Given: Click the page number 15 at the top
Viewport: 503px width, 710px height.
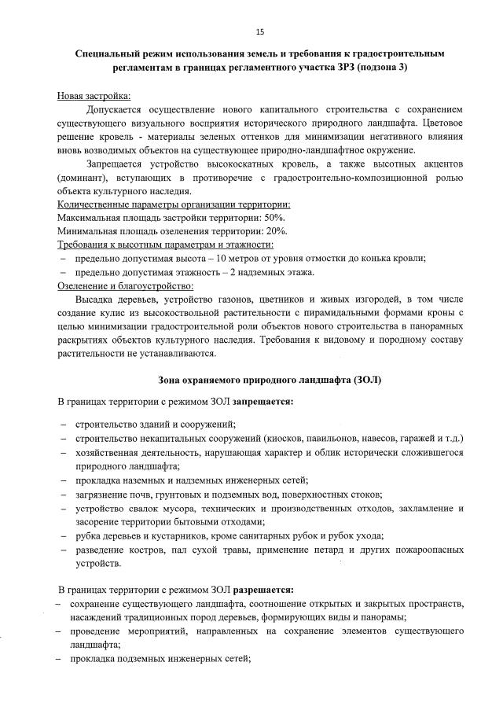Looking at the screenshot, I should (259, 31).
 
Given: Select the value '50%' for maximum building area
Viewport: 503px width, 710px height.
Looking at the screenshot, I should (274, 217).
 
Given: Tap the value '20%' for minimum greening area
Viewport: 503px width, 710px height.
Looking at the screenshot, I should (275, 231).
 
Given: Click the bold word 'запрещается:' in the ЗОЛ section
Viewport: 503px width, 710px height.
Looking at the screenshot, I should (264, 402).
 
